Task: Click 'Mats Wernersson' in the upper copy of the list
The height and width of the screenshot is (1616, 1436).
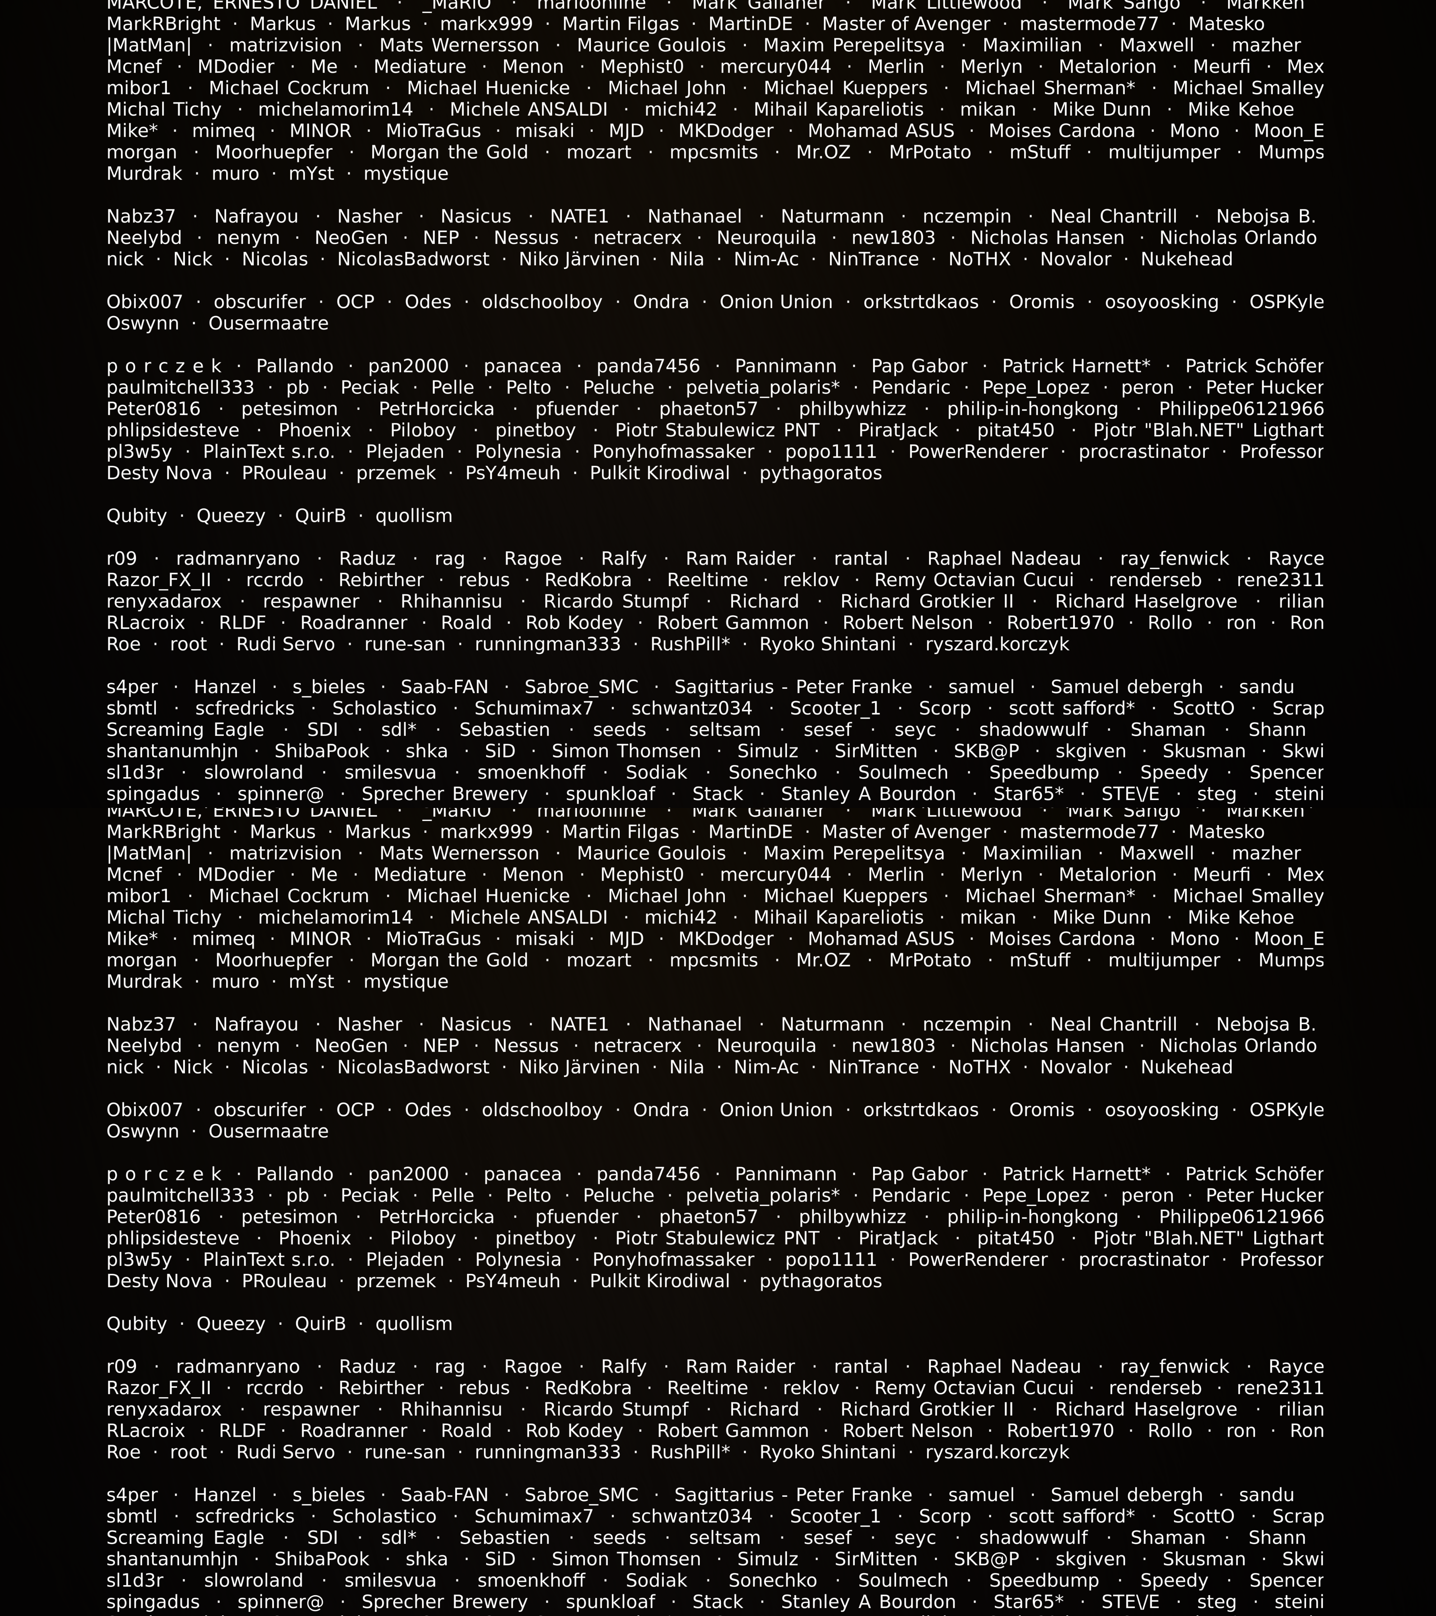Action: (459, 46)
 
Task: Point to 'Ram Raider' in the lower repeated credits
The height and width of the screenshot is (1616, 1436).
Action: (740, 1367)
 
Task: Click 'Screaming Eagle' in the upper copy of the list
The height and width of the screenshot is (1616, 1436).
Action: (185, 730)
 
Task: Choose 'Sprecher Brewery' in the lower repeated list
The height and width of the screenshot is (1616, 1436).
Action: (444, 1602)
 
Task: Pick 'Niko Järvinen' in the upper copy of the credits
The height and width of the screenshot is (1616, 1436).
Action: (579, 259)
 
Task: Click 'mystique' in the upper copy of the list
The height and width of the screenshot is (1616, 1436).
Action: (405, 174)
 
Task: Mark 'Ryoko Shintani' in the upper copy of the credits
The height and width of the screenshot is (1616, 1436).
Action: (827, 644)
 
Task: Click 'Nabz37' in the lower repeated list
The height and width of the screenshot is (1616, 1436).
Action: (141, 1025)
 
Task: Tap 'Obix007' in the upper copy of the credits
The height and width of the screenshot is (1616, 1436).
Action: (144, 302)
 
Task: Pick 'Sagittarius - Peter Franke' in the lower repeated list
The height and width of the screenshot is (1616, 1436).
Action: (793, 1495)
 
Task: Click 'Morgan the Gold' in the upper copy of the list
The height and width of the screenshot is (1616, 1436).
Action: (449, 153)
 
